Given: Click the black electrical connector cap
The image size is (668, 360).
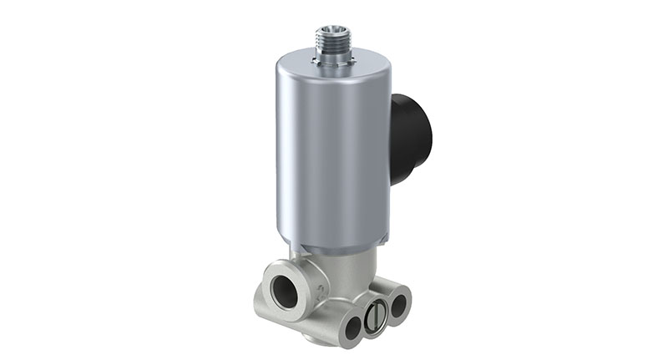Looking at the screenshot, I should point(412,138).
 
